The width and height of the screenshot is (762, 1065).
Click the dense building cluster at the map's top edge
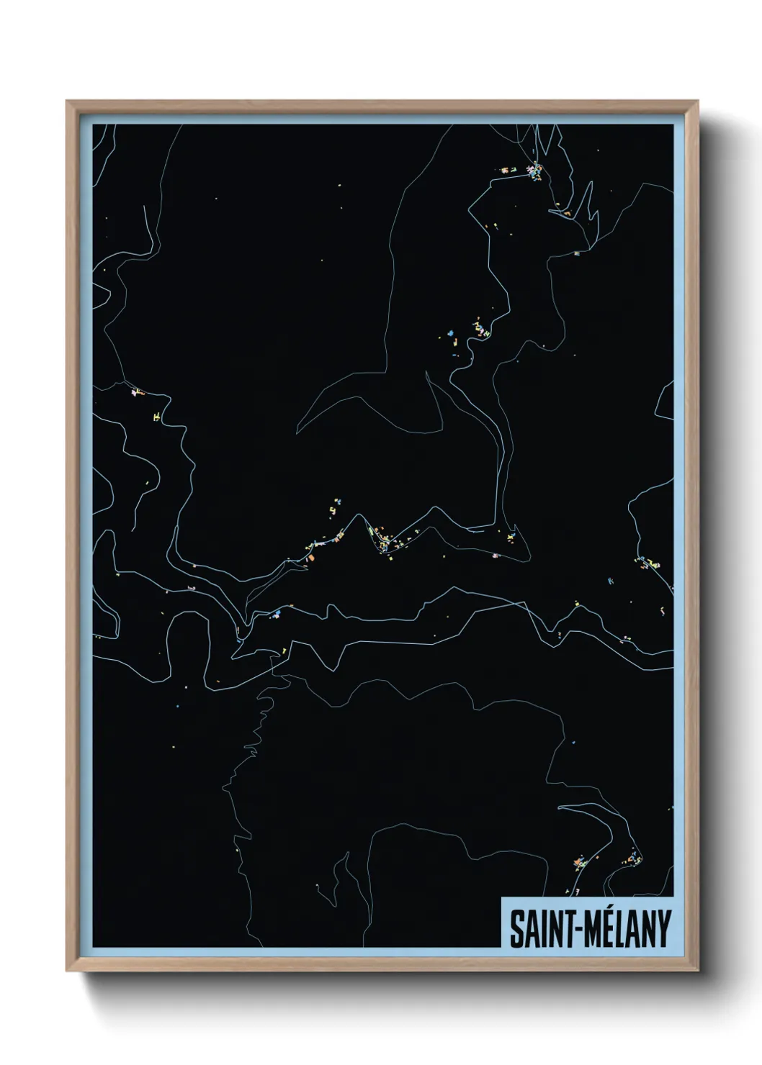(x=534, y=171)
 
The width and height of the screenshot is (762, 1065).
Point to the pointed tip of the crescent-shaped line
(x=297, y=432)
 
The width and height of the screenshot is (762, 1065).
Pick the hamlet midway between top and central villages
(x=477, y=330)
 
